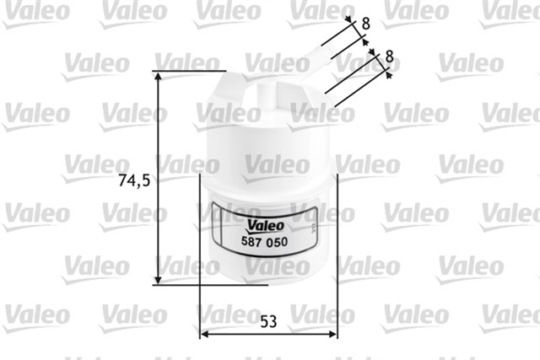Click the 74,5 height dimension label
[x=135, y=180]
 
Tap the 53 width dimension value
[x=268, y=320]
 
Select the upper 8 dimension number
[x=365, y=24]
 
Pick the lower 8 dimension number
[x=388, y=56]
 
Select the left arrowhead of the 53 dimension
[x=202, y=334]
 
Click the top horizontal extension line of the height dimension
[x=190, y=70]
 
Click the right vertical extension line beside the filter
[x=337, y=253]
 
